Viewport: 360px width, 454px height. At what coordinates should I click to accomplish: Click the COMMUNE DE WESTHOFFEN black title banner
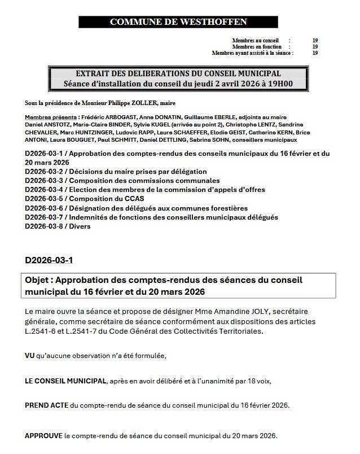(x=178, y=22)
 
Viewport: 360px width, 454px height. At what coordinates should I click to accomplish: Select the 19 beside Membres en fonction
(x=315, y=47)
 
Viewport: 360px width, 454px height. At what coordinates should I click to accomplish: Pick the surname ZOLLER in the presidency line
(x=143, y=104)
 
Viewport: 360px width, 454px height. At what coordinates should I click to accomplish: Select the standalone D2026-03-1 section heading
(x=49, y=260)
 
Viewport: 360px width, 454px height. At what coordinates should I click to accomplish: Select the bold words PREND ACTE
(x=47, y=405)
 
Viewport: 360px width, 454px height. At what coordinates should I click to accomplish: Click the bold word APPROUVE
(x=44, y=436)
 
